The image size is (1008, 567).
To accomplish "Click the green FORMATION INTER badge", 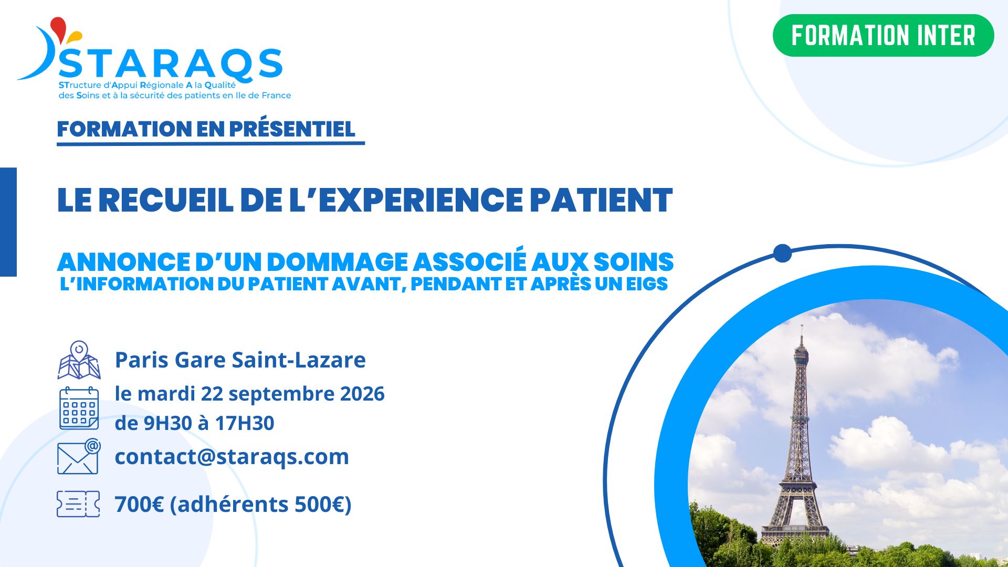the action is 883,35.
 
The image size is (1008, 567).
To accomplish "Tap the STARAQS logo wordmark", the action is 171,64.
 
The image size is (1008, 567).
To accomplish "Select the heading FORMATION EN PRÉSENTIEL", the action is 206,129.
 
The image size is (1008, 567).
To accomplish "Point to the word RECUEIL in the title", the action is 166,200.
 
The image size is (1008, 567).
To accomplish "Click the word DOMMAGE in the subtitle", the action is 337,262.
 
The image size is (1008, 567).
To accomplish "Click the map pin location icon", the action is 79,360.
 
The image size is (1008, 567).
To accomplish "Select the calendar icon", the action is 79,408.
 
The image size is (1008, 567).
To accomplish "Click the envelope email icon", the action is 79,456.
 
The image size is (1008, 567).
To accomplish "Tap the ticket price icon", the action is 78,504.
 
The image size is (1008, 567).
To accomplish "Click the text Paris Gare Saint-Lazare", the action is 240,360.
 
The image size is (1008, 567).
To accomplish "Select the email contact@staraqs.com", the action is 232,457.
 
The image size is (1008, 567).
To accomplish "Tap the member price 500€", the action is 319,505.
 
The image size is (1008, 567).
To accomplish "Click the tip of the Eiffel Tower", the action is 802,325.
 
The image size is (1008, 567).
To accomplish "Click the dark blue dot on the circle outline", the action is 782,253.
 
